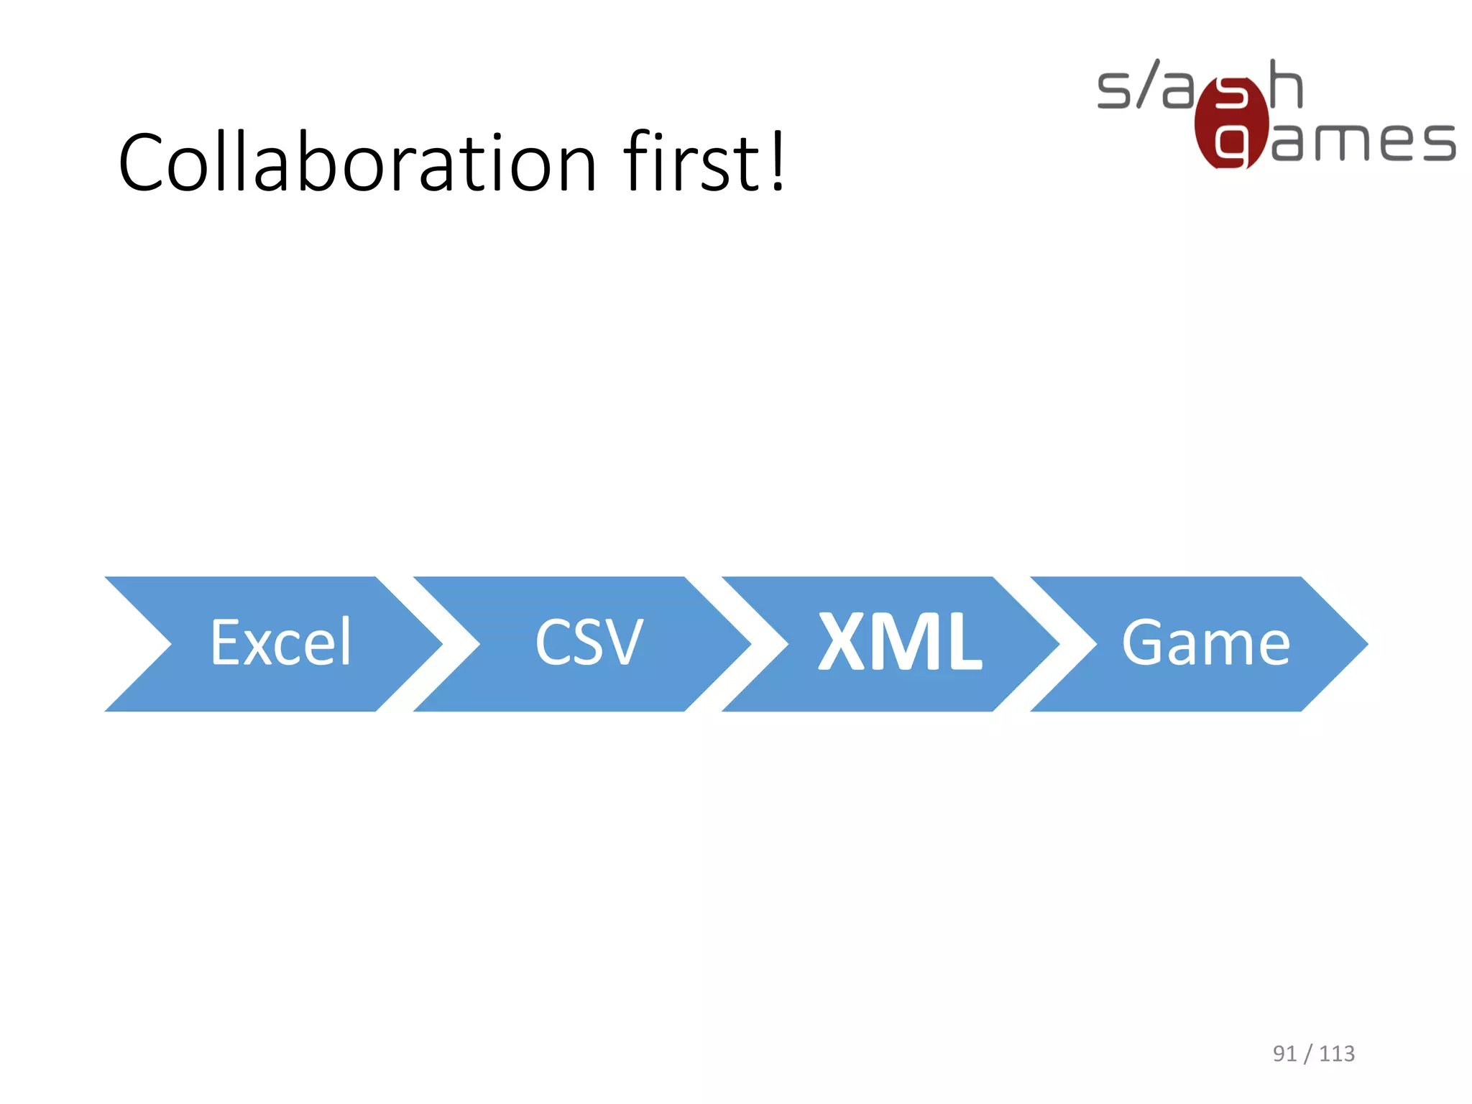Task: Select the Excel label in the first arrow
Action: coord(281,643)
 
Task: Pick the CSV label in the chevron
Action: coord(589,643)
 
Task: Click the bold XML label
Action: coord(900,642)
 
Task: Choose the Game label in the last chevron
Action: coord(1206,643)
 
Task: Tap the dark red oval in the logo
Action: coord(1230,122)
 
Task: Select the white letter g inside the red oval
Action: coord(1230,146)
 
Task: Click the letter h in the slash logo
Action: coord(1286,85)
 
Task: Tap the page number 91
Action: coord(1284,1054)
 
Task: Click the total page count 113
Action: coord(1337,1054)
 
